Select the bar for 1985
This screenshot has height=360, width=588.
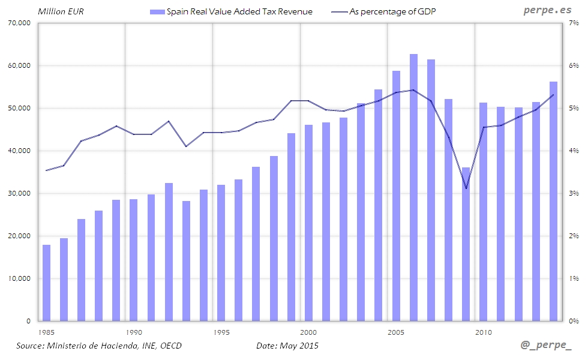(46, 283)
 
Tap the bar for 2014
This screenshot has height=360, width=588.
(553, 201)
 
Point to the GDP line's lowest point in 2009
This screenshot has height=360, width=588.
(466, 188)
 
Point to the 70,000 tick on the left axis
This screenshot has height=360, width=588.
(19, 23)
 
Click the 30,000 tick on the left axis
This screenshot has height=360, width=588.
(19, 193)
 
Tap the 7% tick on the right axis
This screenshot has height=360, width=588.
(574, 23)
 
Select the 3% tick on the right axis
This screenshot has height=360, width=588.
(574, 193)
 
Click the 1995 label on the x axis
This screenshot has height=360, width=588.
(221, 332)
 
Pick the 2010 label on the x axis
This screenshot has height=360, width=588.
(484, 332)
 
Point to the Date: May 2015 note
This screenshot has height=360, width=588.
(287, 346)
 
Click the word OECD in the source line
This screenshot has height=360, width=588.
(169, 346)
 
